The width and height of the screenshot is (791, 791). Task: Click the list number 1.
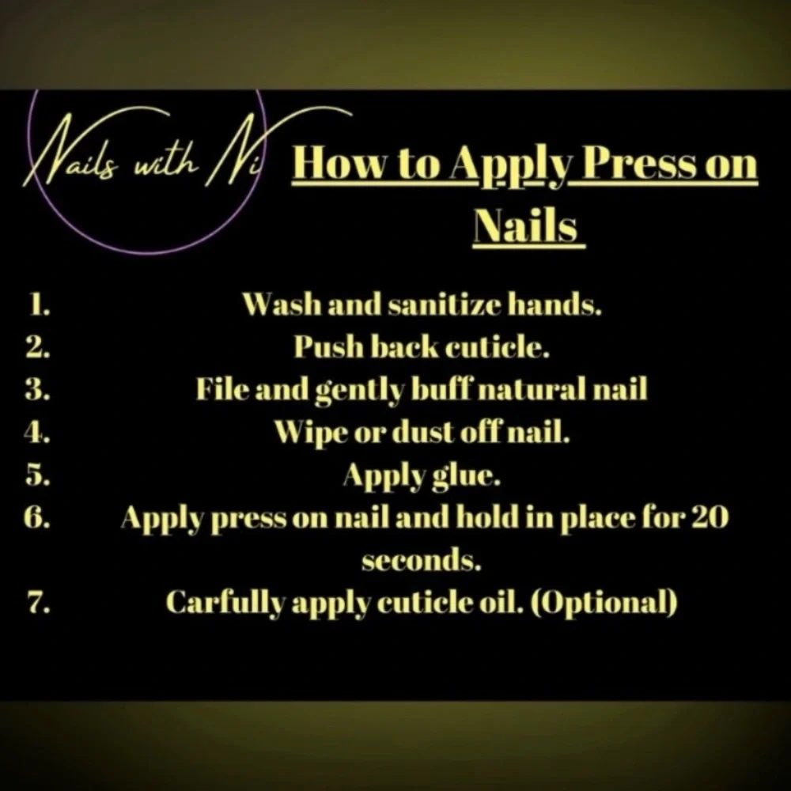tap(38, 305)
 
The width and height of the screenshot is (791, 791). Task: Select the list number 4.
tap(38, 432)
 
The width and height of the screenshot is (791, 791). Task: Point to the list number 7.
tap(39, 602)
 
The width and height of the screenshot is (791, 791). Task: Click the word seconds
tap(421, 561)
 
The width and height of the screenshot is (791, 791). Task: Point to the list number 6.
tap(38, 517)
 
